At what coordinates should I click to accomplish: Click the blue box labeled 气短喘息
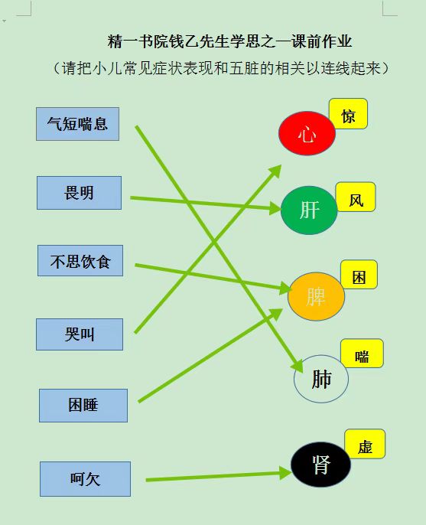pos(78,124)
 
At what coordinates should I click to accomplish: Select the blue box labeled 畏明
pos(79,193)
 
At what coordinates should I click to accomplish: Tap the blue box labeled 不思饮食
pos(80,261)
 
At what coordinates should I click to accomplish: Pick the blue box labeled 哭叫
pos(80,334)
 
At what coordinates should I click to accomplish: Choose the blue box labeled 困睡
pos(83,406)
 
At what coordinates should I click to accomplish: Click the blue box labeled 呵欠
pos(86,479)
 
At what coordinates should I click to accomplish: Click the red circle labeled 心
pos(307,133)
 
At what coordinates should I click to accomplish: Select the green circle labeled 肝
pos(309,210)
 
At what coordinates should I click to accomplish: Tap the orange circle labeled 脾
pos(316,297)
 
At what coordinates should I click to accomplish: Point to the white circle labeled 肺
pos(321,379)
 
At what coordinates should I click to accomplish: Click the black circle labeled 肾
pos(321,465)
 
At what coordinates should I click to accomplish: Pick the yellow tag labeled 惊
pos(348,114)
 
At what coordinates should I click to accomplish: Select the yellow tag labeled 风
pos(356,197)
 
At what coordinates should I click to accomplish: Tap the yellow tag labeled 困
pos(359,275)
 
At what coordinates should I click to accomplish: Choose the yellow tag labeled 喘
pos(362,354)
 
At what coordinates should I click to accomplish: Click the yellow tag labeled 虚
pos(365,444)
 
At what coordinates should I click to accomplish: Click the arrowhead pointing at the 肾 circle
pos(285,473)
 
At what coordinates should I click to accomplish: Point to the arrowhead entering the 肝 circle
pos(275,208)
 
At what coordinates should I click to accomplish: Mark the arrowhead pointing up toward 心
pos(275,171)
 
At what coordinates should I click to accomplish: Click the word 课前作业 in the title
pos(321,41)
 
